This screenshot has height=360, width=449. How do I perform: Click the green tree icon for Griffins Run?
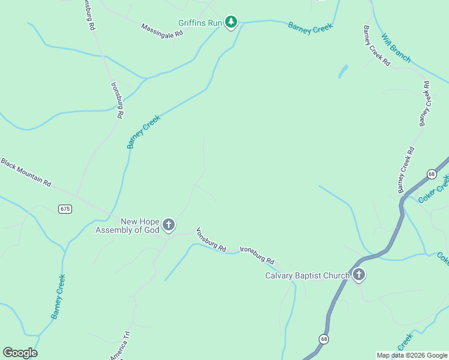[x=231, y=23]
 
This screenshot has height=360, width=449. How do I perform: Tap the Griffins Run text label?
[x=200, y=23]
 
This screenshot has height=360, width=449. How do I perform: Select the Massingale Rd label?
[x=161, y=31]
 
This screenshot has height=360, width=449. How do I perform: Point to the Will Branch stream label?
[x=396, y=48]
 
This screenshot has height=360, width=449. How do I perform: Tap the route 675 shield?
[x=65, y=209]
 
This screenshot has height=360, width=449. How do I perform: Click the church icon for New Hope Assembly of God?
[x=169, y=225]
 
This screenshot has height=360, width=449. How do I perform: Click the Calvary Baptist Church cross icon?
[x=358, y=275]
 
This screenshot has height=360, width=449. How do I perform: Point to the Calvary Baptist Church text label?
[x=307, y=276]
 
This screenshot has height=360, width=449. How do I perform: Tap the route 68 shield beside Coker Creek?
[x=432, y=174]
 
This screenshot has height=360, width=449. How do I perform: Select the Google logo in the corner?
[x=20, y=353]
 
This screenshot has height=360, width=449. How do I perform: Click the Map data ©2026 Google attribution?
[x=411, y=355]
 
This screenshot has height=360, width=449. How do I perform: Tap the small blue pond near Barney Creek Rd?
[x=343, y=71]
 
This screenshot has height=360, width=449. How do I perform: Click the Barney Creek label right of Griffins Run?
[x=310, y=28]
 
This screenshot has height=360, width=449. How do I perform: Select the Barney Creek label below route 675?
[x=58, y=296]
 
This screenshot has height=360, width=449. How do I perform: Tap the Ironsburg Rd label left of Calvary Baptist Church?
[x=257, y=256]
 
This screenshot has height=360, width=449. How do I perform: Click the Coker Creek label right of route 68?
[x=433, y=188]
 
